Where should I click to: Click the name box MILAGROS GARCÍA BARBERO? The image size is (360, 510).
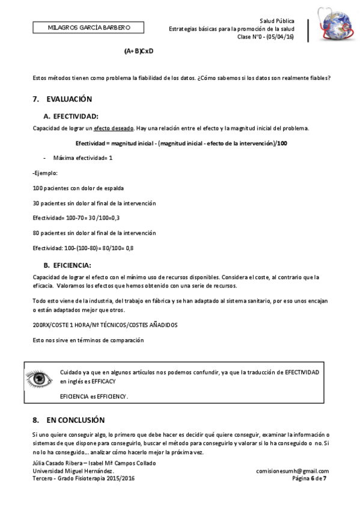(89, 27)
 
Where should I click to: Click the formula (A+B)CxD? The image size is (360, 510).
(139, 51)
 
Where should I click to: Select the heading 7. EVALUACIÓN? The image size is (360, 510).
(63, 99)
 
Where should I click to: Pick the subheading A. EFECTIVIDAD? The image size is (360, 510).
(71, 115)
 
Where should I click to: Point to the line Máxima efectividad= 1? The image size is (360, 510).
(82, 158)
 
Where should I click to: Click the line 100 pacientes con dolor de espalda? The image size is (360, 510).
(78, 188)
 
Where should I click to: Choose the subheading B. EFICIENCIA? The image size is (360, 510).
(67, 265)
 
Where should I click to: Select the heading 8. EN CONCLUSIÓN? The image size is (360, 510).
(69, 420)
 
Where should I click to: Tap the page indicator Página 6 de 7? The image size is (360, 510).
(308, 479)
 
